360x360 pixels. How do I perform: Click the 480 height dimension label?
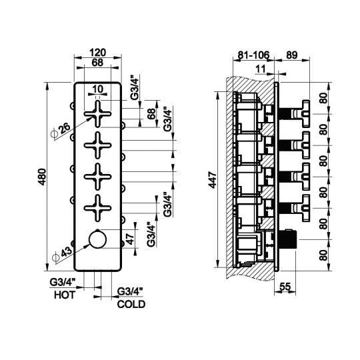click(x=42, y=177)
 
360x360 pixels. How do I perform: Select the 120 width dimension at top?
click(x=98, y=53)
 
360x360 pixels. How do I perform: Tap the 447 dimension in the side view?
click(x=213, y=180)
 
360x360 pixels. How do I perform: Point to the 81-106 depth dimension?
click(x=253, y=55)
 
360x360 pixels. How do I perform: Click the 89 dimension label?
click(x=292, y=55)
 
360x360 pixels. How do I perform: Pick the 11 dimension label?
click(x=261, y=69)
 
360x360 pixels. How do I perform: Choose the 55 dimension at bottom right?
click(x=285, y=286)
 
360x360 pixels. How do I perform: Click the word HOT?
click(x=65, y=295)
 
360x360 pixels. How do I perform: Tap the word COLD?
click(x=131, y=304)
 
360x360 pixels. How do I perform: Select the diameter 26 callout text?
click(x=61, y=131)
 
